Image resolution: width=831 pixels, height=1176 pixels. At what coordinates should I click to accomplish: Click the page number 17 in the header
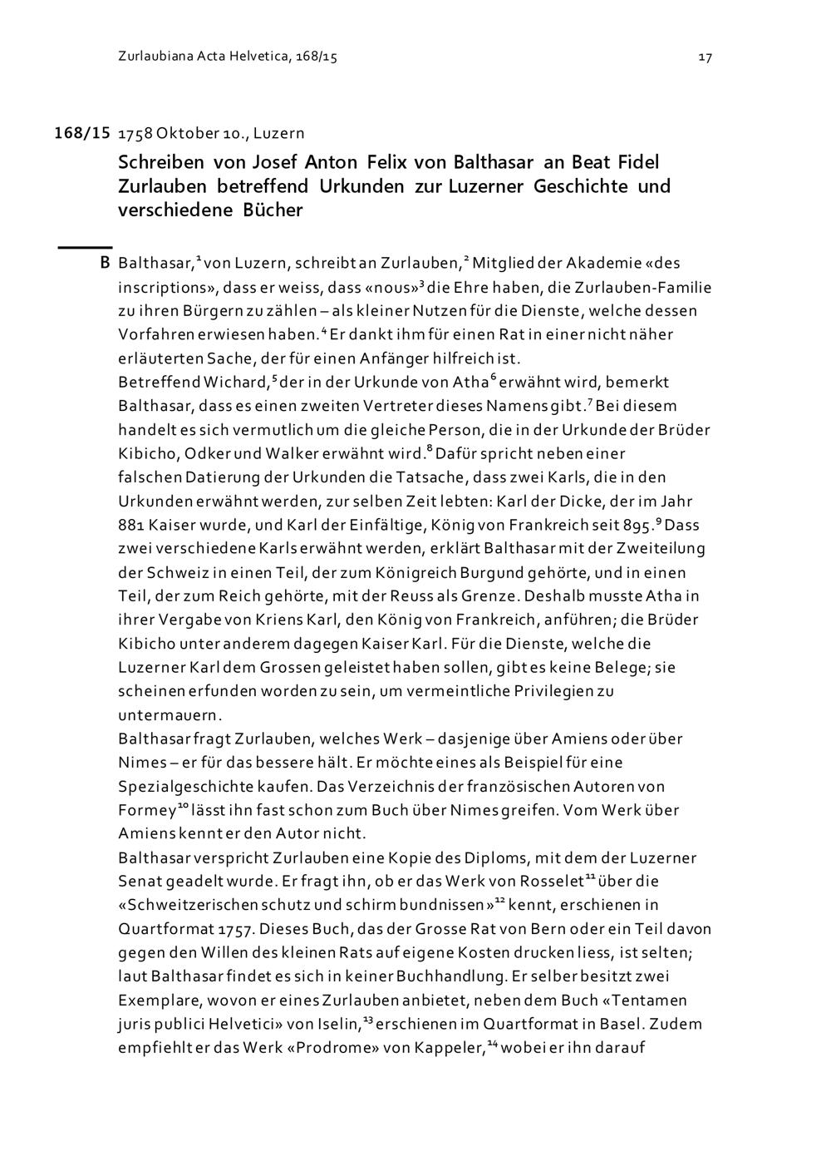click(705, 57)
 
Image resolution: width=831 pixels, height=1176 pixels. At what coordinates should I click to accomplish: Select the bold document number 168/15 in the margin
click(82, 132)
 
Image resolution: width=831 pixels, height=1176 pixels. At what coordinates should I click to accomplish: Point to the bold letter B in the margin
click(104, 264)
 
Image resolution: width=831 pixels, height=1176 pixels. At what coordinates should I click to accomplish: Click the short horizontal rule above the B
click(84, 247)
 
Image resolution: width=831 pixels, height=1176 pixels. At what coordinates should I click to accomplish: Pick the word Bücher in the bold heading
click(273, 210)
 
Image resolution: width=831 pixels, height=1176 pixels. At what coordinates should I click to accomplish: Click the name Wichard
click(235, 383)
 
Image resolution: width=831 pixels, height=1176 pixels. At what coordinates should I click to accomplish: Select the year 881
click(130, 526)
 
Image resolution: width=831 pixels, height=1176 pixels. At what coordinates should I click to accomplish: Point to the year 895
click(637, 526)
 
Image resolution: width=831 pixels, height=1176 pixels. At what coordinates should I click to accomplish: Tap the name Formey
click(146, 810)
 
